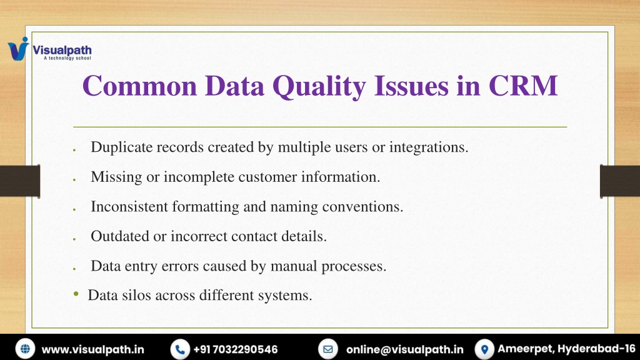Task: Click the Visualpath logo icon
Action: coord(18,49)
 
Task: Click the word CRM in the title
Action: coord(523,86)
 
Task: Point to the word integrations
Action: coord(429,147)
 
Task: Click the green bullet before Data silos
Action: coord(76,294)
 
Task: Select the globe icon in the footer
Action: coord(25,349)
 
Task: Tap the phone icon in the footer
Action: coord(180,349)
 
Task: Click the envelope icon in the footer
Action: coord(327,349)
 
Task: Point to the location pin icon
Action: coord(484,349)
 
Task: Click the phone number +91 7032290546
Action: coord(236,350)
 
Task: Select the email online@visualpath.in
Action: coord(405,350)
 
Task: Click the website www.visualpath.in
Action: coord(93,350)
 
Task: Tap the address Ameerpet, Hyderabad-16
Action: coord(566,349)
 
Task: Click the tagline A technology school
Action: coord(67,58)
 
